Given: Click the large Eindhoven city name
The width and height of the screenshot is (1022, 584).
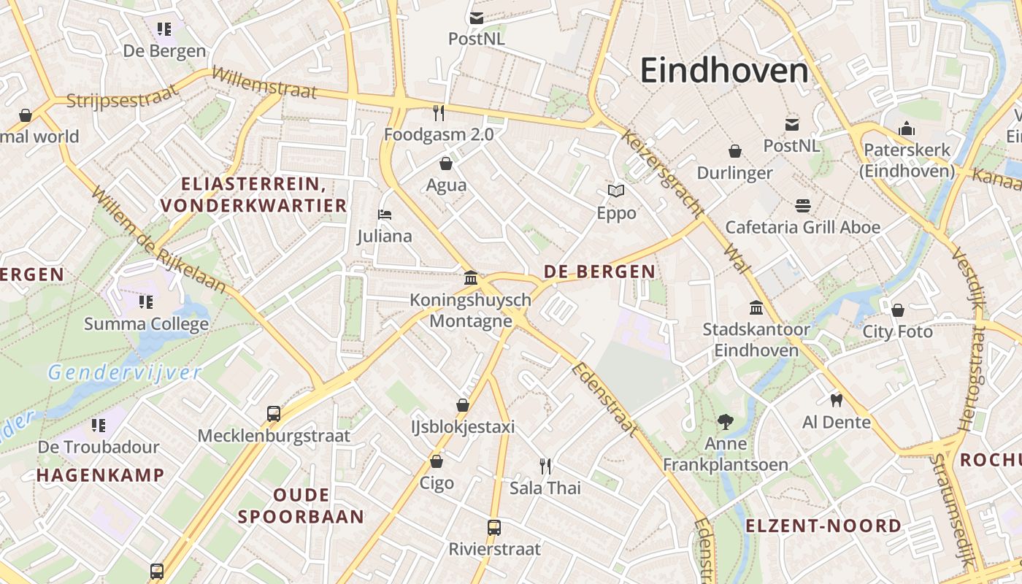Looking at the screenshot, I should [x=724, y=71].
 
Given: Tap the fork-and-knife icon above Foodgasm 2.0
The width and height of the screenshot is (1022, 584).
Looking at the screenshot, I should [x=439, y=112].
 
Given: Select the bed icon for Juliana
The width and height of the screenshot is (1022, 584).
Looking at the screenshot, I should [x=385, y=215].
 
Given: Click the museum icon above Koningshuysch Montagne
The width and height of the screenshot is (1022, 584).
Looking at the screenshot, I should [x=471, y=278].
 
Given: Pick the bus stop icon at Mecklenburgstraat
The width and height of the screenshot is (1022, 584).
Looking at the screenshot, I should [x=274, y=414].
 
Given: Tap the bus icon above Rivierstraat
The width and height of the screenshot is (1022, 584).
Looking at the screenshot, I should [x=494, y=527].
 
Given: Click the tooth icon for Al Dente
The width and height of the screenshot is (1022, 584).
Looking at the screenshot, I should [x=837, y=400].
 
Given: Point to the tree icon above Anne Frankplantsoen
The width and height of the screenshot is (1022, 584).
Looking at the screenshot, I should [x=725, y=421].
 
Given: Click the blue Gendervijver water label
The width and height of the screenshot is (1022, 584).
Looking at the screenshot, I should [x=124, y=373].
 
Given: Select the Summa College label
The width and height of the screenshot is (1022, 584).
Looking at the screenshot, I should [x=146, y=323].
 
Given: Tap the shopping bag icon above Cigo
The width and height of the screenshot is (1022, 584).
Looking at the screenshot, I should [x=437, y=461].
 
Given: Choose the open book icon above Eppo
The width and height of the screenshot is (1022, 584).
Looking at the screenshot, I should [x=616, y=191].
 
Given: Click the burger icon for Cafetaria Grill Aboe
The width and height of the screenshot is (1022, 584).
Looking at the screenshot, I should [x=803, y=206].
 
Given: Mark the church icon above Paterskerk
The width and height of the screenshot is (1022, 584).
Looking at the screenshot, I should [x=907, y=128].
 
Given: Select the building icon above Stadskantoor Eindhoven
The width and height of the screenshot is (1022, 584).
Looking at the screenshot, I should [x=756, y=308].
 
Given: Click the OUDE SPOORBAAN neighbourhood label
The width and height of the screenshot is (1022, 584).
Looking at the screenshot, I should [x=301, y=506].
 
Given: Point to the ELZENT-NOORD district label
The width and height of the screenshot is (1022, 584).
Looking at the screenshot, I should [x=823, y=526].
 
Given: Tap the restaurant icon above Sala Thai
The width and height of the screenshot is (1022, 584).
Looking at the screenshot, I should [x=545, y=466].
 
